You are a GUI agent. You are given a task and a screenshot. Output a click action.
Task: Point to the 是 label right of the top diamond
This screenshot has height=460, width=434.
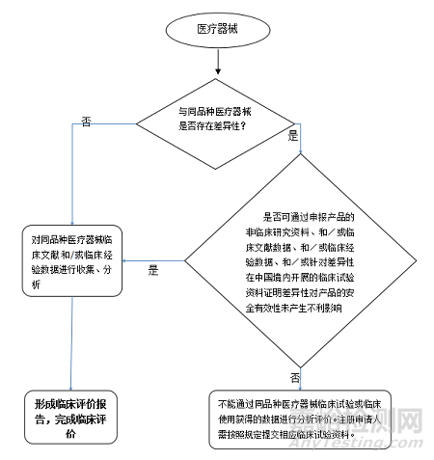[x=293, y=136]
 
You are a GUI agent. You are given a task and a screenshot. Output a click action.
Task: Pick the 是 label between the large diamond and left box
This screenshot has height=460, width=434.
[x=152, y=271]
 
